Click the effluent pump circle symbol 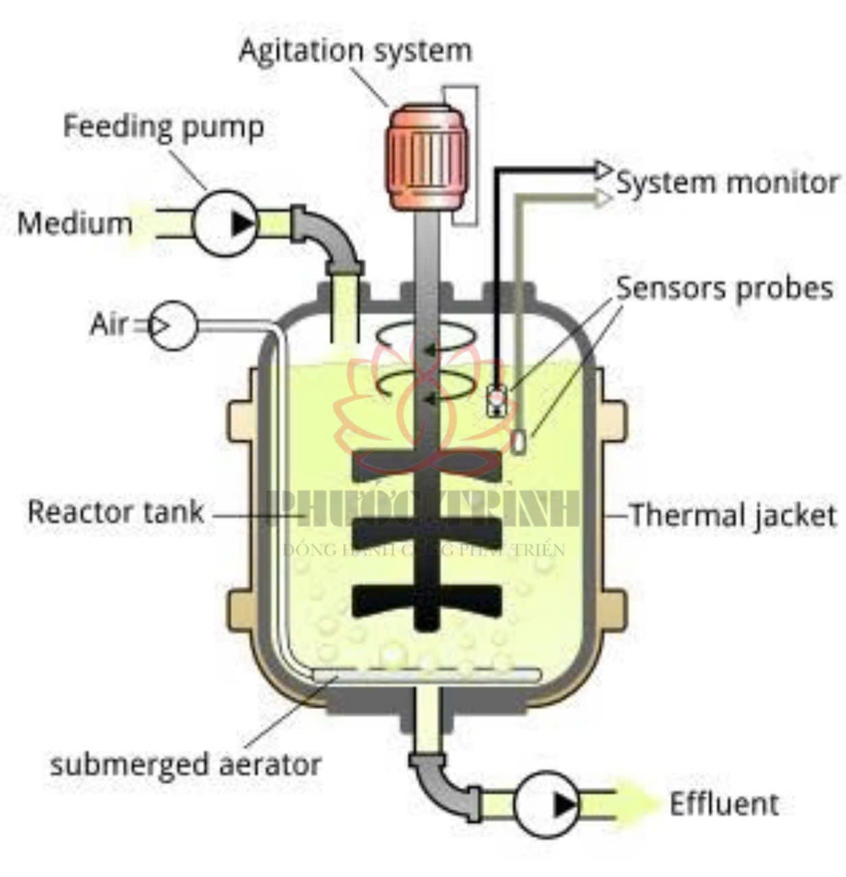point(546,804)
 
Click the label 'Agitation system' point(355,51)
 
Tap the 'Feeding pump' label point(163,127)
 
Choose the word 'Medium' point(75,224)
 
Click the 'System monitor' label point(727,183)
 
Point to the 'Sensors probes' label point(725,288)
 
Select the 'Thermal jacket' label point(733,515)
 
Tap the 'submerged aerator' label point(185,764)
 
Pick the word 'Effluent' point(723,804)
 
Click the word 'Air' point(108,324)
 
